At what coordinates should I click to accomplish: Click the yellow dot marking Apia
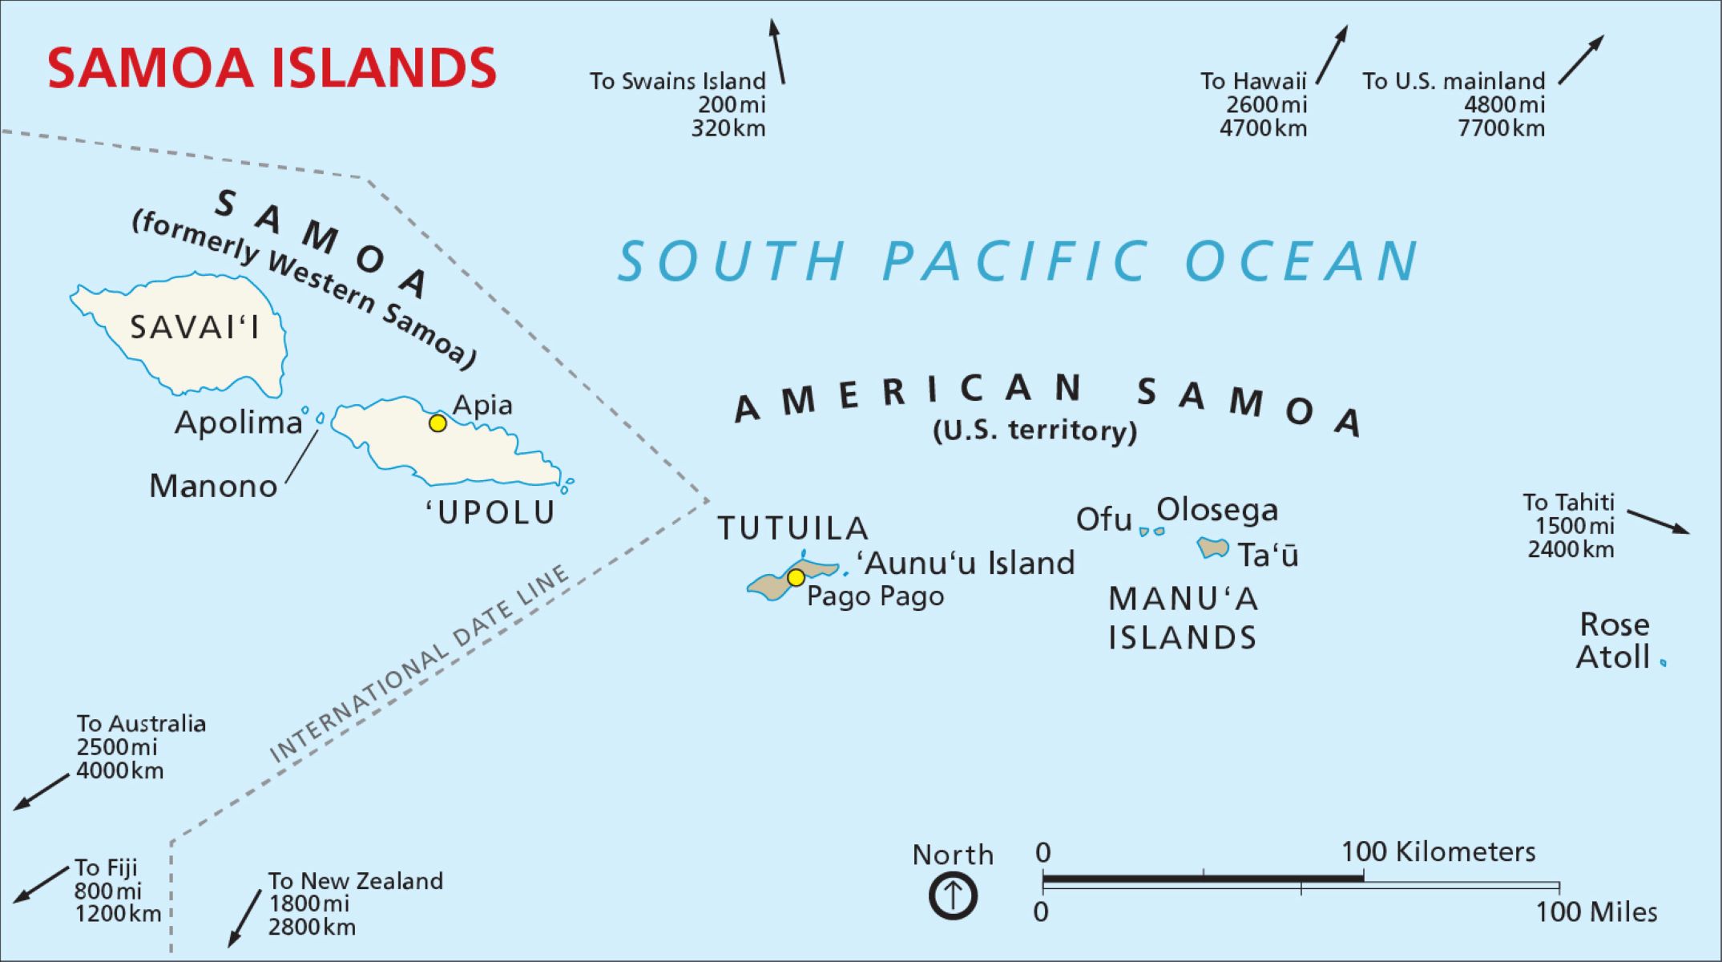pyautogui.click(x=438, y=422)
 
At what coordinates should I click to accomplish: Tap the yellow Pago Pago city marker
pyautogui.click(x=796, y=577)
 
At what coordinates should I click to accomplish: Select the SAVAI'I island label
pyautogui.click(x=195, y=327)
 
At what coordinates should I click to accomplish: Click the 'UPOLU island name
pyautogui.click(x=490, y=513)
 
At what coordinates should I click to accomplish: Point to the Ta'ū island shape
pyautogui.click(x=1212, y=548)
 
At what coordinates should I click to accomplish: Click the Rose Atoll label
pyautogui.click(x=1613, y=641)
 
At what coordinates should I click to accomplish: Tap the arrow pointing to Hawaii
pyautogui.click(x=1332, y=55)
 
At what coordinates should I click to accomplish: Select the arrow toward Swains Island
pyautogui.click(x=777, y=51)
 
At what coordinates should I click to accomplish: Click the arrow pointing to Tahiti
pyautogui.click(x=1658, y=521)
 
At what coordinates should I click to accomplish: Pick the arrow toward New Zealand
pyautogui.click(x=244, y=918)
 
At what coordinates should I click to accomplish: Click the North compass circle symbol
pyautogui.click(x=953, y=895)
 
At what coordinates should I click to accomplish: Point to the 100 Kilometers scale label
pyautogui.click(x=1438, y=851)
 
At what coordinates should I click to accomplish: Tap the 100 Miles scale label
pyautogui.click(x=1595, y=912)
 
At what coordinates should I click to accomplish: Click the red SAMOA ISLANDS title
pyautogui.click(x=272, y=68)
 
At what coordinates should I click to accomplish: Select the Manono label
pyautogui.click(x=213, y=486)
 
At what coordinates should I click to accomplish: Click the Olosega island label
pyautogui.click(x=1217, y=510)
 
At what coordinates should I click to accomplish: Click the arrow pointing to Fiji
pyautogui.click(x=42, y=884)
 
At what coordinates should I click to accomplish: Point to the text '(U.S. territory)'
pyautogui.click(x=1034, y=430)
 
